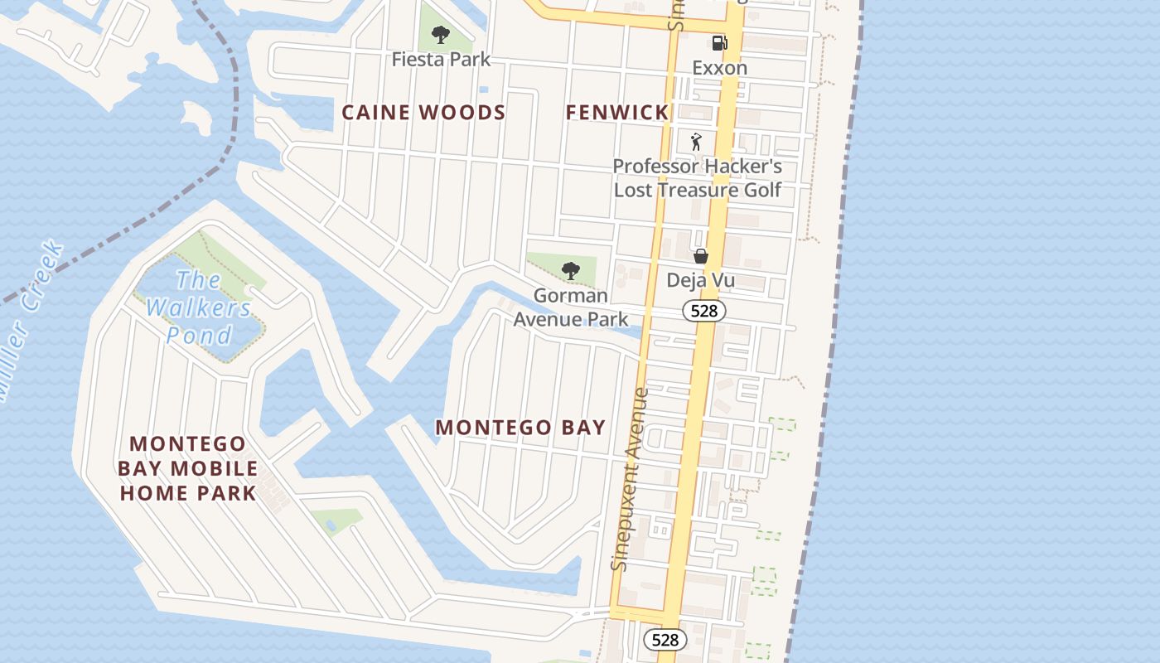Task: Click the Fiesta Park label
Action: tap(441, 60)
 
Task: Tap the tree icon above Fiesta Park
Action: tap(441, 35)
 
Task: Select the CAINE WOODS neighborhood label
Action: tap(423, 113)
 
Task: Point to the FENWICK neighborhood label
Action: tap(616, 113)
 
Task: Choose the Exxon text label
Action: tap(719, 68)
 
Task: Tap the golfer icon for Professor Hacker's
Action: tap(696, 142)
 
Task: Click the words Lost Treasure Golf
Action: tap(698, 190)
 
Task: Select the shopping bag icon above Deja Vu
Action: tap(700, 256)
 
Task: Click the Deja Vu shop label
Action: tap(700, 281)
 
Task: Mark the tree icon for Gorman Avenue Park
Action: tap(570, 270)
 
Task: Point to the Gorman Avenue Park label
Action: tap(570, 307)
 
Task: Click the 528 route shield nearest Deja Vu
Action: tap(704, 311)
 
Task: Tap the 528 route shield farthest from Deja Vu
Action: tap(665, 639)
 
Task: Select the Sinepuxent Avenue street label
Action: tap(628, 479)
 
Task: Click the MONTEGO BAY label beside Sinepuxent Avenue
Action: tap(520, 428)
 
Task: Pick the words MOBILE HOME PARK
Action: tap(187, 482)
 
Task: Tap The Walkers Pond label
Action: tap(199, 307)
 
